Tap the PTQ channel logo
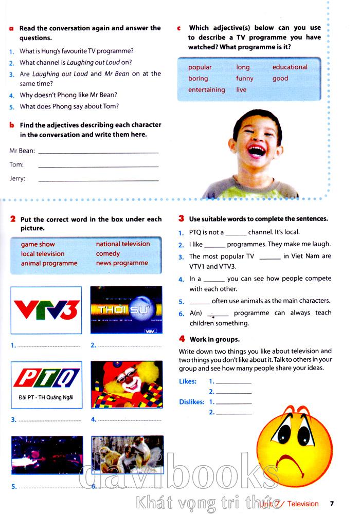point(46,379)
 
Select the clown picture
point(127,384)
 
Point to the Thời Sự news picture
point(126,310)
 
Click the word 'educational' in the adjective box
point(290,67)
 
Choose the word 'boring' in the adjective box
point(198,79)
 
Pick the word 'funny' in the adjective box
point(245,79)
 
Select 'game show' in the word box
point(38,244)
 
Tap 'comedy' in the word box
point(107,253)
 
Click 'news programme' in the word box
point(121,263)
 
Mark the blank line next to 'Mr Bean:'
point(98,152)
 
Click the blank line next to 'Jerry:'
point(98,180)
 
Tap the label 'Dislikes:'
point(191,402)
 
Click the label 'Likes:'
point(188,381)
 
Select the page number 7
point(332,504)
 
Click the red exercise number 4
point(182,339)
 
